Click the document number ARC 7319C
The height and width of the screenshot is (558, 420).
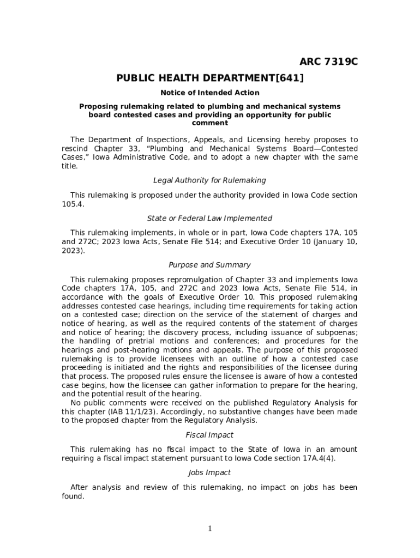tap(328, 62)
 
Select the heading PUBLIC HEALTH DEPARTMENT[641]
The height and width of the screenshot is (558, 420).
tap(210, 78)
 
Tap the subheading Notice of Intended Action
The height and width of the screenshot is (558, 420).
tap(210, 93)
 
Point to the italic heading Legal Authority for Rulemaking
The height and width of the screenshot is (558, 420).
tap(210, 180)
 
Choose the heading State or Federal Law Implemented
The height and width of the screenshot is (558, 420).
tap(210, 219)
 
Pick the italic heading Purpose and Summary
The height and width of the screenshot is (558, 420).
tap(210, 265)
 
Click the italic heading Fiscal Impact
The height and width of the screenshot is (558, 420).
tap(210, 435)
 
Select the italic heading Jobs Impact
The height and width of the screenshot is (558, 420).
tap(210, 473)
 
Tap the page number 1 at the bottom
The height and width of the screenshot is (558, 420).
tap(210, 529)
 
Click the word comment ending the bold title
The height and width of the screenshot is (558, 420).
tap(210, 123)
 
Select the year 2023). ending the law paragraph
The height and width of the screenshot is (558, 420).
tap(73, 251)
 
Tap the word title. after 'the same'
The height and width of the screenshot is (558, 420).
tap(70, 166)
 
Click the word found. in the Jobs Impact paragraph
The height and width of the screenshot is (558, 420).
tap(73, 496)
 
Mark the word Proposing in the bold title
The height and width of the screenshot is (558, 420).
tap(99, 106)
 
